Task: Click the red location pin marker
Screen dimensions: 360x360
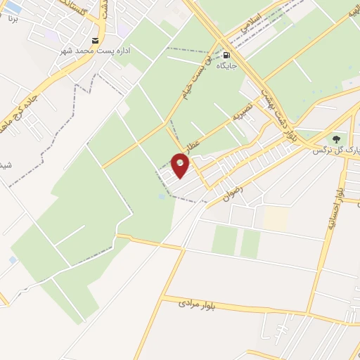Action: (x=181, y=166)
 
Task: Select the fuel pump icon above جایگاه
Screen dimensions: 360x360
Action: (x=226, y=54)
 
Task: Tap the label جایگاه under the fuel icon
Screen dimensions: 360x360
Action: (x=225, y=65)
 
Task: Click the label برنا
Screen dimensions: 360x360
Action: (x=12, y=18)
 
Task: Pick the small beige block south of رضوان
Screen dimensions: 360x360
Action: (x=276, y=218)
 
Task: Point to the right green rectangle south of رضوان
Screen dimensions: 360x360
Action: (x=250, y=243)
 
